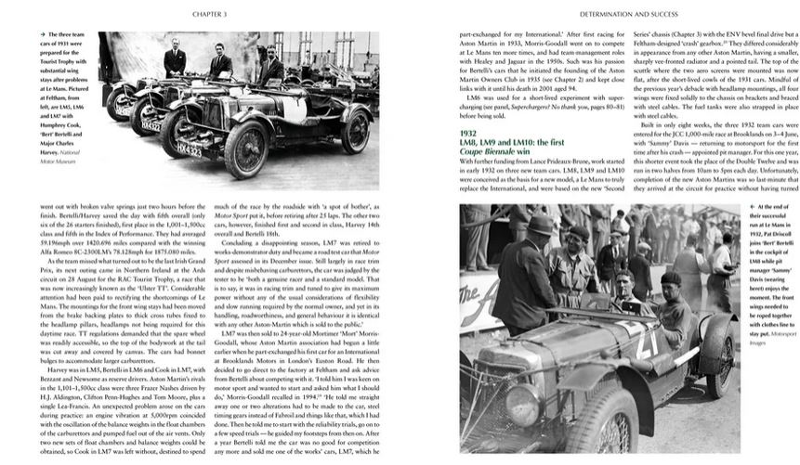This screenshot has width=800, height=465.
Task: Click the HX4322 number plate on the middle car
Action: tap(151, 126)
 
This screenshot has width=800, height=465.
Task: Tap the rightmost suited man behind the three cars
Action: tap(269, 71)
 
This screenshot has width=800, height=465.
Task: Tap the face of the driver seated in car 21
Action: tap(627, 280)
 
